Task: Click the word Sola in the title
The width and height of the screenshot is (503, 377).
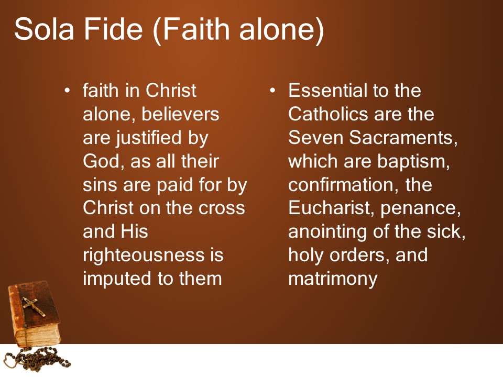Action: (44, 29)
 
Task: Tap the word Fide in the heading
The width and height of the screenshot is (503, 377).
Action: (113, 29)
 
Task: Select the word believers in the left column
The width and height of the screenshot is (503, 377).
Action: (180, 114)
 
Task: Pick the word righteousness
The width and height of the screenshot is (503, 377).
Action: (144, 255)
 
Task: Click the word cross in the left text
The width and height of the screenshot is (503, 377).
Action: (222, 209)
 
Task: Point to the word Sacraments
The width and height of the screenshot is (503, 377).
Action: (403, 138)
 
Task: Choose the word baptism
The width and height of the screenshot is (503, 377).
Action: (413, 162)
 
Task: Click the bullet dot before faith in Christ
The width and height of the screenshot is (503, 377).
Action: (67, 91)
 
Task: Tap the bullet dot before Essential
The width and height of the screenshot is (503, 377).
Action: (272, 91)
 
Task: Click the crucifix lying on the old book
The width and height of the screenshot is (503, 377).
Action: (34, 306)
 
